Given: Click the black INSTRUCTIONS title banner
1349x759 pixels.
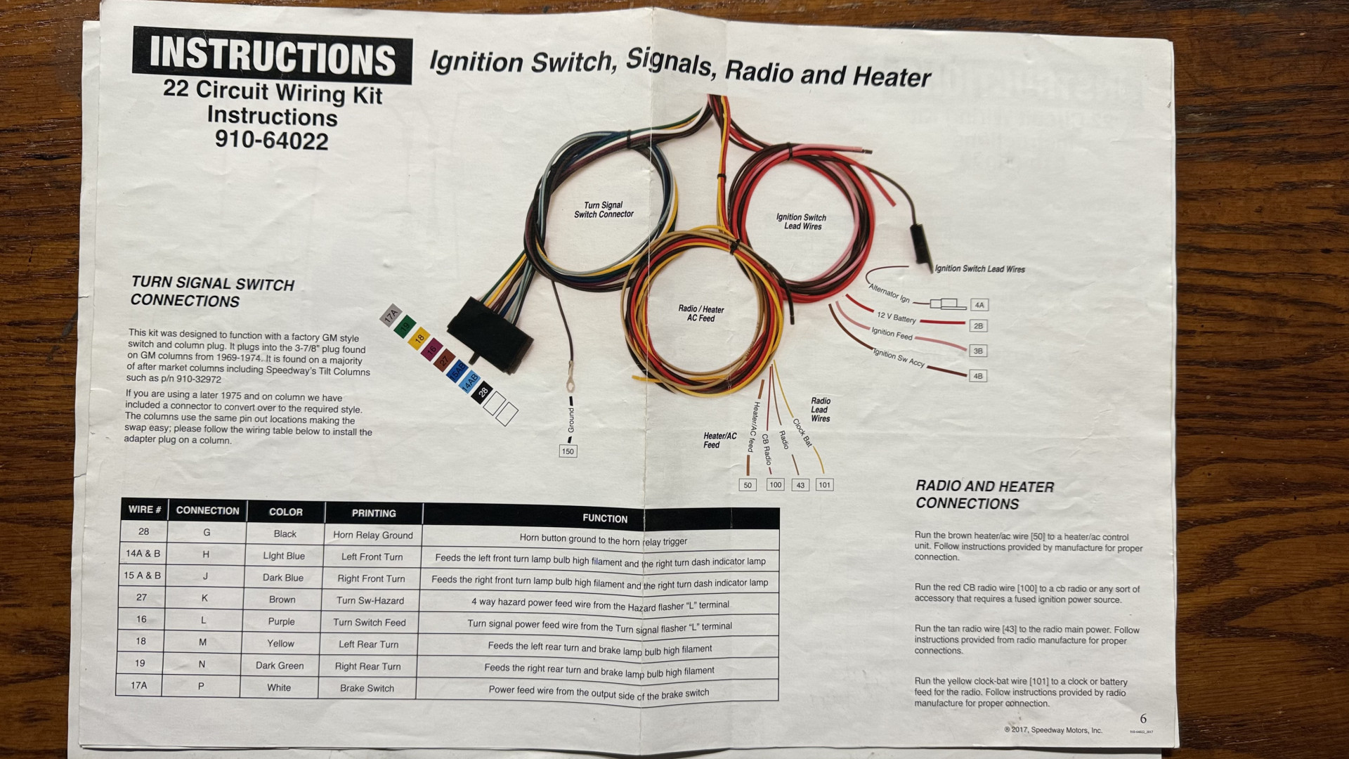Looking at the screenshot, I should [x=272, y=56].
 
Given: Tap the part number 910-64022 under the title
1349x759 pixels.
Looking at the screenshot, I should [x=271, y=141].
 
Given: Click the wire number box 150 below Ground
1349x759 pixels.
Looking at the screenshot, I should [x=568, y=451].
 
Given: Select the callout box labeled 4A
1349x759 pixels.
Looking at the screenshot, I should [x=979, y=305].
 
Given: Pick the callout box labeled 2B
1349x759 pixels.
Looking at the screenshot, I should [x=979, y=326].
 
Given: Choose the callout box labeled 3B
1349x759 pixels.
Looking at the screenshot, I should [x=978, y=351].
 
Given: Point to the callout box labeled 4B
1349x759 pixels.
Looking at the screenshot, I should [x=978, y=376].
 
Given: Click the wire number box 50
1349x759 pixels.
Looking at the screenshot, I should [x=748, y=485].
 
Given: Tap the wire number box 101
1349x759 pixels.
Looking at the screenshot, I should [x=824, y=485].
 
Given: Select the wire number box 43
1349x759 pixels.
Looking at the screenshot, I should [x=800, y=485].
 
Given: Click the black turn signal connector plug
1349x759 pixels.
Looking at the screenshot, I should [x=490, y=334].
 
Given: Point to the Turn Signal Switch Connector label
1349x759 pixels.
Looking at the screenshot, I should [x=604, y=210].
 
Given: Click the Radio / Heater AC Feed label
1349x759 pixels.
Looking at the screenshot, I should [x=700, y=313].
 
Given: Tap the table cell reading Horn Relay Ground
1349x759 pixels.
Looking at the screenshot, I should [x=372, y=535].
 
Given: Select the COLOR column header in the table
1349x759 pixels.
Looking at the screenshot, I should [x=285, y=512].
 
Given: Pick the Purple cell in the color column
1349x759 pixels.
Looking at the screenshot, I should [x=281, y=621].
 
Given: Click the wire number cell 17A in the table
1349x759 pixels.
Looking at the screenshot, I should [x=139, y=685].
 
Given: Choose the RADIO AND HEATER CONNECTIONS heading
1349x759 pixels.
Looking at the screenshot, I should [x=984, y=495].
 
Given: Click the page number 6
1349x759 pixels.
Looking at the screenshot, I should [x=1143, y=719].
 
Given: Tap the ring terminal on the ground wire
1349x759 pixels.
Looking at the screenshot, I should [x=570, y=384].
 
